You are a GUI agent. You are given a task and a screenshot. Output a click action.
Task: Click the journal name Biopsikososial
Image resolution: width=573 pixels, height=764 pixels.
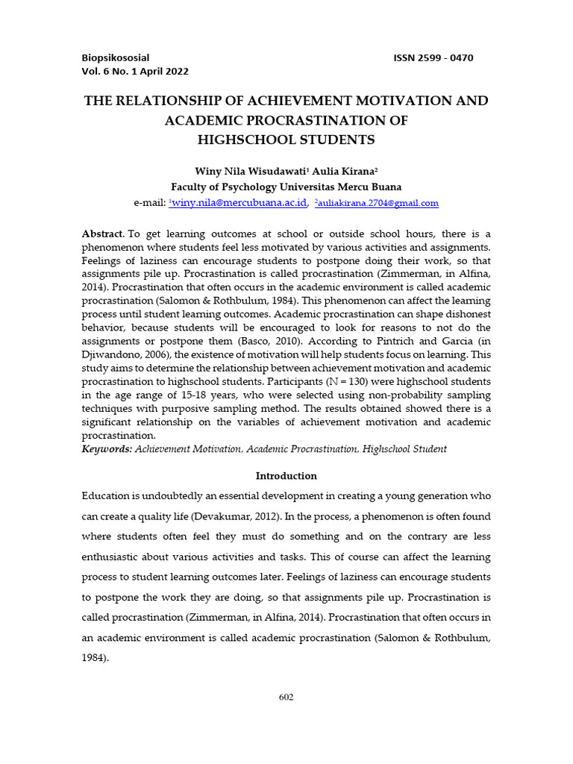[116, 57]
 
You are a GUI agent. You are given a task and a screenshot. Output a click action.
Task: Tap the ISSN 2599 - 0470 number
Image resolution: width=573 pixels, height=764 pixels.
[433, 57]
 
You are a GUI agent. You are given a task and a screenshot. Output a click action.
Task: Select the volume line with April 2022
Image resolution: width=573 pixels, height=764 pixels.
[135, 72]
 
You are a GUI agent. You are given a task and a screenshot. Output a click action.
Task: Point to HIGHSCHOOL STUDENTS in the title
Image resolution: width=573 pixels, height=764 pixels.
[286, 140]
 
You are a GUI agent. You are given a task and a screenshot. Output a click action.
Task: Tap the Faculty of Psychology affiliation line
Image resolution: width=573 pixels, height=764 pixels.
[286, 187]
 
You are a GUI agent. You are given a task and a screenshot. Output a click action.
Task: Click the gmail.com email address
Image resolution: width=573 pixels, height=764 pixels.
[378, 202]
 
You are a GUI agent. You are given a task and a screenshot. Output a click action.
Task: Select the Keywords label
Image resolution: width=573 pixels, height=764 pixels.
[107, 449]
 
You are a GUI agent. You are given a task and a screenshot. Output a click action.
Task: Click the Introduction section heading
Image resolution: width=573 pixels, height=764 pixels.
[286, 476]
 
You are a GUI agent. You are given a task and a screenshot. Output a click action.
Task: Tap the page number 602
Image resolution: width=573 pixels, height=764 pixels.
[286, 698]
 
